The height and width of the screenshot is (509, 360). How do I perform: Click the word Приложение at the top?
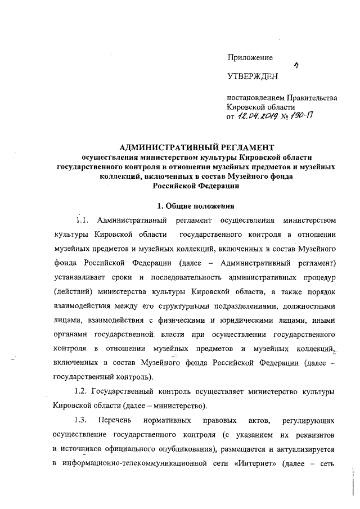pos(250,57)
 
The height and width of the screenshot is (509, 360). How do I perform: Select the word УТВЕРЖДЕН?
pos(253,75)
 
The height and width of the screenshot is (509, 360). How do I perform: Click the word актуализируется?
pos(302,449)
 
